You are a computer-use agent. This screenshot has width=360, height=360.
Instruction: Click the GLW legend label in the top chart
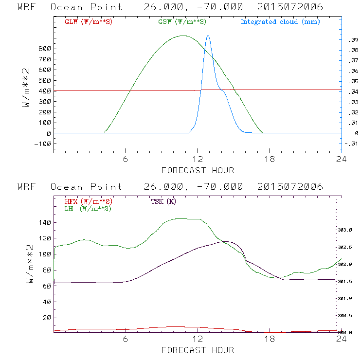(x=88, y=22)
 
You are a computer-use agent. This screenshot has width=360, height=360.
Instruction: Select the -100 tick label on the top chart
(x=42, y=144)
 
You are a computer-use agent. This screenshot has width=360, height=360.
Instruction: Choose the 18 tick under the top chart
(x=270, y=160)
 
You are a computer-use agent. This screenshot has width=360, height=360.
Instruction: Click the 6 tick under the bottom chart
(x=126, y=339)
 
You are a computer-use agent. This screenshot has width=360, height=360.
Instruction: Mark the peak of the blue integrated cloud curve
(x=208, y=36)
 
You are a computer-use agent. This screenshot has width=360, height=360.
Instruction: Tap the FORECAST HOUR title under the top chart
(x=198, y=170)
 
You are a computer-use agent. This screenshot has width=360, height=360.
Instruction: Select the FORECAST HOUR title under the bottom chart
(x=198, y=350)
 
